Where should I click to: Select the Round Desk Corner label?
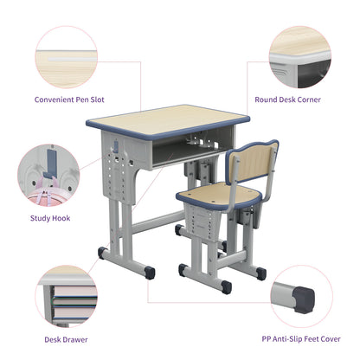click(x=286, y=100)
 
